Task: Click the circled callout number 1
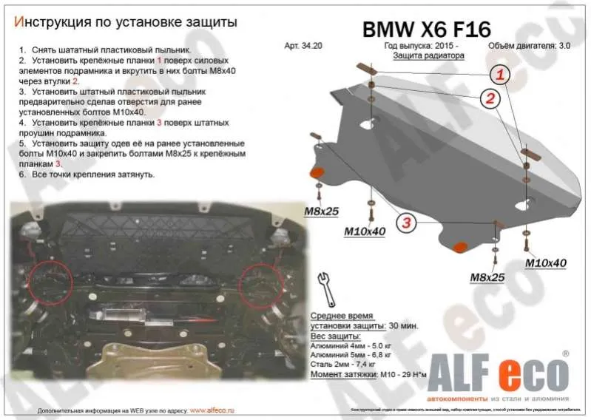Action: click(x=500, y=74)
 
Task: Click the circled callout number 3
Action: click(x=406, y=221)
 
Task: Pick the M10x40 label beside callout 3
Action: click(x=365, y=231)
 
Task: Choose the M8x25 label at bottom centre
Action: click(x=487, y=277)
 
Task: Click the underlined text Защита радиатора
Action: click(x=428, y=55)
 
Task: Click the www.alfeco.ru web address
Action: click(x=208, y=409)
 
